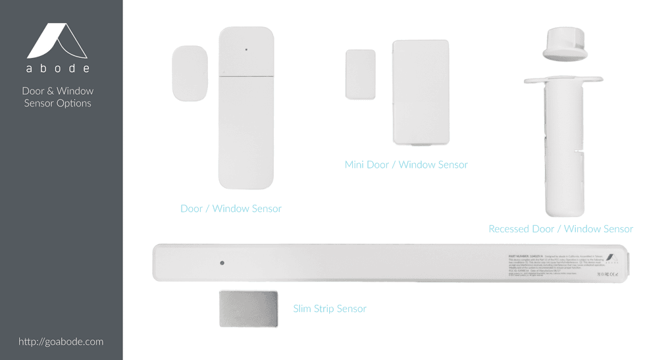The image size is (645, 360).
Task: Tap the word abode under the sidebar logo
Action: point(58,68)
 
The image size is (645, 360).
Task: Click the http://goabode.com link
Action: point(61,342)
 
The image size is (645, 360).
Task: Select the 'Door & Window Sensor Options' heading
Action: point(58,97)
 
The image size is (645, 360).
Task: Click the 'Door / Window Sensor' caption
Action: point(230,209)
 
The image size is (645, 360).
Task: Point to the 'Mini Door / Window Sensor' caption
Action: point(406,165)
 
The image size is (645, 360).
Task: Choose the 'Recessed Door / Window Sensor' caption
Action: point(560,229)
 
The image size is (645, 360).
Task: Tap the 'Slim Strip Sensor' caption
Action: point(329,309)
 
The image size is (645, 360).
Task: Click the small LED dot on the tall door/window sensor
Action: point(246,49)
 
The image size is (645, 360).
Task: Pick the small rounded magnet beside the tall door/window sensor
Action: point(190,73)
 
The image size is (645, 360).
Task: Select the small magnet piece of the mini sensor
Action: point(360,74)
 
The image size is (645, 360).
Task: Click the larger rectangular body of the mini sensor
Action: point(421,92)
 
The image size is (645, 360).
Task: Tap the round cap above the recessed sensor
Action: point(565,44)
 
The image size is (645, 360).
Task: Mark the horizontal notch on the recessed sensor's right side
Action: point(579,151)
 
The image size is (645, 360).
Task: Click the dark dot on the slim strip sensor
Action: point(222,263)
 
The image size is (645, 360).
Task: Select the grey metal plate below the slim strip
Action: point(248,309)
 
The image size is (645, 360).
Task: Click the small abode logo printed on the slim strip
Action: point(611,258)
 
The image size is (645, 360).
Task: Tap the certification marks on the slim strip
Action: point(607,274)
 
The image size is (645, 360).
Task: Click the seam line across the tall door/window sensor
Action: point(246,76)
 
